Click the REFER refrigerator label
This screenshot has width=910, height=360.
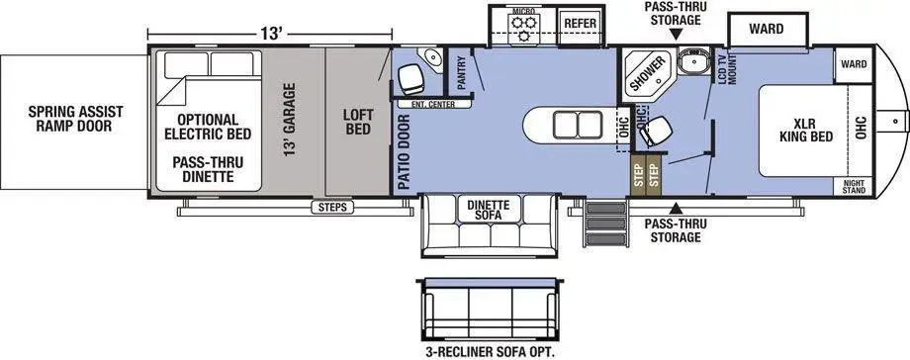pyautogui.click(x=581, y=23)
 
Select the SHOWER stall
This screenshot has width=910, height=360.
pyautogui.click(x=648, y=75)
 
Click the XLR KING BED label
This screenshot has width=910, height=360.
pyautogui.click(x=806, y=131)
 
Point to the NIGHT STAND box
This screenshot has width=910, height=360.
pyautogui.click(x=853, y=186)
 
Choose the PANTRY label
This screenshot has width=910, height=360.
pyautogui.click(x=462, y=72)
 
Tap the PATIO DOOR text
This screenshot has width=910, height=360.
pyautogui.click(x=405, y=152)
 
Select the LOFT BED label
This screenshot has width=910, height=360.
pyautogui.click(x=358, y=122)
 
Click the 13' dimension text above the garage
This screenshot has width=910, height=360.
pyautogui.click(x=270, y=33)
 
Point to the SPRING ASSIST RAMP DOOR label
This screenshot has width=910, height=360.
pyautogui.click(x=75, y=118)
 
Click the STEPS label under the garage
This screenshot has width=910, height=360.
pyautogui.click(x=332, y=208)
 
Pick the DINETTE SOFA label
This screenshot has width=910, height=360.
pyautogui.click(x=489, y=210)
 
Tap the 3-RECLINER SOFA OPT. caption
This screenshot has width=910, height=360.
pyautogui.click(x=490, y=351)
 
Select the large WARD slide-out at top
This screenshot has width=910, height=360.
pyautogui.click(x=766, y=30)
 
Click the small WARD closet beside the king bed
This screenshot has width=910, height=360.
pyautogui.click(x=854, y=64)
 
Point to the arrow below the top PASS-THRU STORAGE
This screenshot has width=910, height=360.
pyautogui.click(x=676, y=36)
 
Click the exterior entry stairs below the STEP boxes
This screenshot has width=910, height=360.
pyautogui.click(x=604, y=223)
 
